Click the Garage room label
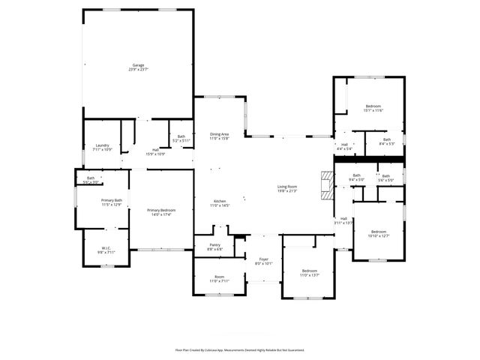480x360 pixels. coord(139,67)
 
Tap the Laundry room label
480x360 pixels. coord(102,148)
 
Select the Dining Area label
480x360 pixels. coord(219,136)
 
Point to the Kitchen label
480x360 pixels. coord(220,203)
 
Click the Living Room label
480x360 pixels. coord(287,188)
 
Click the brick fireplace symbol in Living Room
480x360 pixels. coord(325,184)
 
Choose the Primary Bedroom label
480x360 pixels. coord(161,212)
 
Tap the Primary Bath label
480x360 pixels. coord(111,202)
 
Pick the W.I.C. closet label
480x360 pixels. coord(106,250)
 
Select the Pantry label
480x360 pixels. coord(214,247)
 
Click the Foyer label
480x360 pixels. coord(262,262)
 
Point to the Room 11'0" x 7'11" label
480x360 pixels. coord(220,278)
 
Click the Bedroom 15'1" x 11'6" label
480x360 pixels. coord(373,109)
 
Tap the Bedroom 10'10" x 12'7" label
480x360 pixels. coord(379,234)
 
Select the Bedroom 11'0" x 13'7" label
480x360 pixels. coord(310,272)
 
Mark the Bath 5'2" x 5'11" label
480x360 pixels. coord(181,139)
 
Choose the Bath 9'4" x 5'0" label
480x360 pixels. coord(356,178)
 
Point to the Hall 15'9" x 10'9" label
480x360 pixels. coord(155,152)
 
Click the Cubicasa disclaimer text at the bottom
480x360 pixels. coord(240,350)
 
